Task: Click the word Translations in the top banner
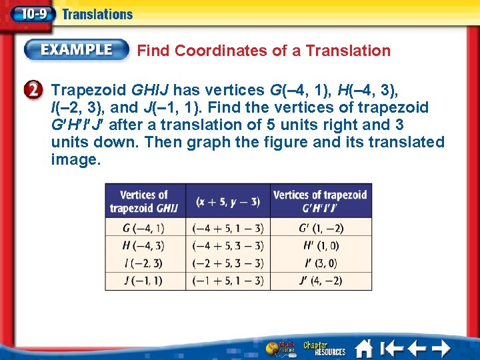tap(97, 14)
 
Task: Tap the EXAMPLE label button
tap(77, 50)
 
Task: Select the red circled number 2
tap(36, 90)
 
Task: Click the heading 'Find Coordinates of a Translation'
tap(263, 51)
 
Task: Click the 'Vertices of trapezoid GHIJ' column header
tap(144, 201)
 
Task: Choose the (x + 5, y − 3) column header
tap(227, 201)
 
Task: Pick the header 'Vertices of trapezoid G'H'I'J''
tap(321, 201)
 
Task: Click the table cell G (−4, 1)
tap(144, 227)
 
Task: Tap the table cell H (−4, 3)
tap(144, 245)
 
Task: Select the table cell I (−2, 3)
tap(144, 263)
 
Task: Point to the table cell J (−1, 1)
tap(144, 281)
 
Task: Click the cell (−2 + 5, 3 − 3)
tap(227, 263)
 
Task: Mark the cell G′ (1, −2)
tap(321, 227)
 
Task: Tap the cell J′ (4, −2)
tap(321, 281)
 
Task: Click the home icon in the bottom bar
tap(364, 348)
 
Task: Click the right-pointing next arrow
tap(440, 348)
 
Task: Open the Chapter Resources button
tap(325, 348)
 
